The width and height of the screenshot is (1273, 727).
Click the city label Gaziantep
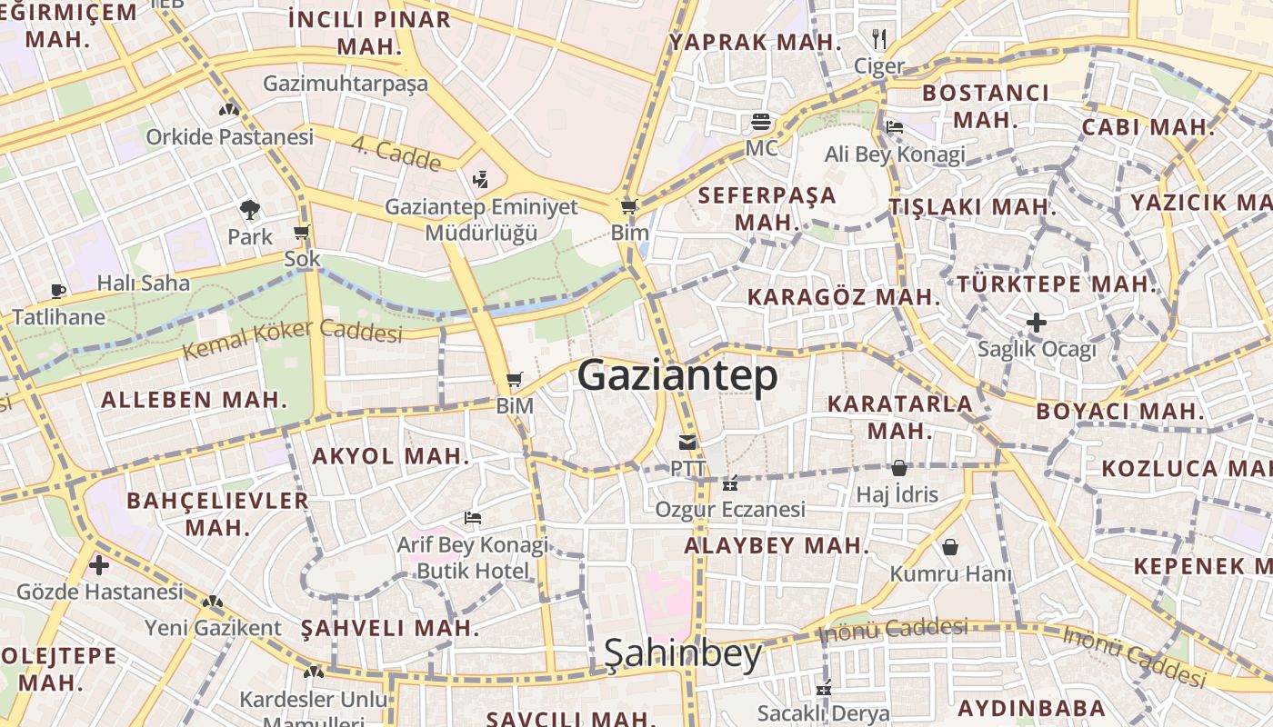click(x=677, y=375)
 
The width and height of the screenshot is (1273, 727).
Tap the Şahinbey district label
click(x=683, y=653)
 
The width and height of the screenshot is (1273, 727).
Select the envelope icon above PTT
click(x=687, y=443)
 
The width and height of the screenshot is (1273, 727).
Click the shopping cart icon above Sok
click(x=302, y=233)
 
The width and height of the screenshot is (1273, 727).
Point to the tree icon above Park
click(x=249, y=211)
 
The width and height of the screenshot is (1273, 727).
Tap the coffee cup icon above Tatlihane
click(x=58, y=291)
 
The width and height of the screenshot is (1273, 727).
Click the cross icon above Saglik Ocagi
click(x=1036, y=323)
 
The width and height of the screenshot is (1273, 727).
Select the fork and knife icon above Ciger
click(x=878, y=39)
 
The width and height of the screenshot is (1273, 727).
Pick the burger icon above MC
click(x=761, y=122)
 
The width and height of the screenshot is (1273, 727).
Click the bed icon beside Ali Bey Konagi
click(x=895, y=127)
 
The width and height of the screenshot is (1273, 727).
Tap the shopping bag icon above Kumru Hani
click(x=950, y=547)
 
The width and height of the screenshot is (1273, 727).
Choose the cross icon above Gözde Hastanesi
click(x=99, y=566)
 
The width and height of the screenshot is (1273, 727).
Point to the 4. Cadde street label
click(x=396, y=154)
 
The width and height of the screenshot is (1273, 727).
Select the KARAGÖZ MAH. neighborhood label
click(x=843, y=297)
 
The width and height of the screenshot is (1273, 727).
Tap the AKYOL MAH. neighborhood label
click(x=391, y=456)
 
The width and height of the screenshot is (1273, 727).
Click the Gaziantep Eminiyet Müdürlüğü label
click(x=482, y=220)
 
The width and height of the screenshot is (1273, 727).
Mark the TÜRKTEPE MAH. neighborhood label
click(x=1057, y=284)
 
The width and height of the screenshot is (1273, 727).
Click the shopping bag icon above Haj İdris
click(x=899, y=469)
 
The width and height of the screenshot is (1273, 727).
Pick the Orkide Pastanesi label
click(x=230, y=137)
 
